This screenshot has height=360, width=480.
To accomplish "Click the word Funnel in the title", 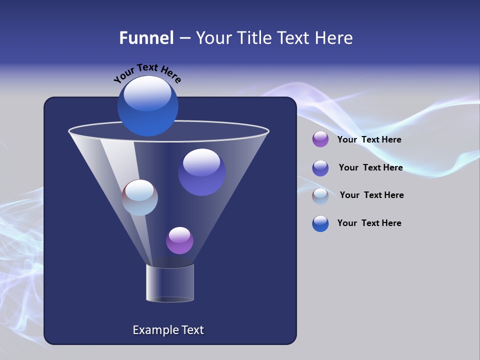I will point(146,38).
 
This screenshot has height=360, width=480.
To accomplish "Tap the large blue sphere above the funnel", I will point(147,106).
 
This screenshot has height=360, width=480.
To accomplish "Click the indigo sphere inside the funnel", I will point(201,172).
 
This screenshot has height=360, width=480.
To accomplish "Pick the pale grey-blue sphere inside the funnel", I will point(139,197).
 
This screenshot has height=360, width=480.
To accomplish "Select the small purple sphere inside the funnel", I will point(179,240).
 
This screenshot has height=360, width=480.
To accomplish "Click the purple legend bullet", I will point(320,139).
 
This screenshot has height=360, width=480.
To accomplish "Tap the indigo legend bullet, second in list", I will point(320,168).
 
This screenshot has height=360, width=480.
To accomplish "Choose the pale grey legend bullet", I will point(320,196).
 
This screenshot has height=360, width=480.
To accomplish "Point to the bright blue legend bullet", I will point(320,223).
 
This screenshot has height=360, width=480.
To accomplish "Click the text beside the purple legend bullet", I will point(369,139).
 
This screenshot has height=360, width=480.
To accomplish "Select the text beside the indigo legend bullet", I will point(370,167).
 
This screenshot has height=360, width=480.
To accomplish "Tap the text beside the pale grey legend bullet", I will point(371,195).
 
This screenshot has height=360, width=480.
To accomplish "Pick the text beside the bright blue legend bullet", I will point(369,223).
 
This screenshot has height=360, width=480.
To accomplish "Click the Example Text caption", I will point(168,330).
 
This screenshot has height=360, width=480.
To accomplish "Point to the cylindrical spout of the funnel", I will point(170,283).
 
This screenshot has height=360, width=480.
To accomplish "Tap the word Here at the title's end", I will point(334,38).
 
